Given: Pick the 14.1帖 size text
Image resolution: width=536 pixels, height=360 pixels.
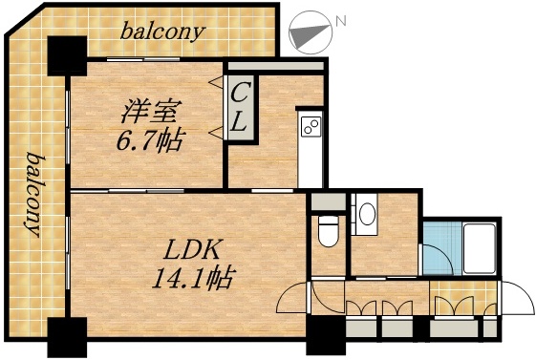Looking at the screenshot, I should (193, 280).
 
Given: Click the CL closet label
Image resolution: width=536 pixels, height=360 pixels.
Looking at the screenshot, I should (240, 107).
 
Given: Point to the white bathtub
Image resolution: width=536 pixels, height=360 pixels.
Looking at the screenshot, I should (477, 247).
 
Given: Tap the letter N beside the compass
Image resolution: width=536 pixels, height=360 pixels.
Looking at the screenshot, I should (341, 19).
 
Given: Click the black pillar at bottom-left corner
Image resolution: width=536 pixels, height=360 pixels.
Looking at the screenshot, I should (67, 336).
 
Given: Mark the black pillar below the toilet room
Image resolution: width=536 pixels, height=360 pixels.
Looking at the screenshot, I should (324, 337).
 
